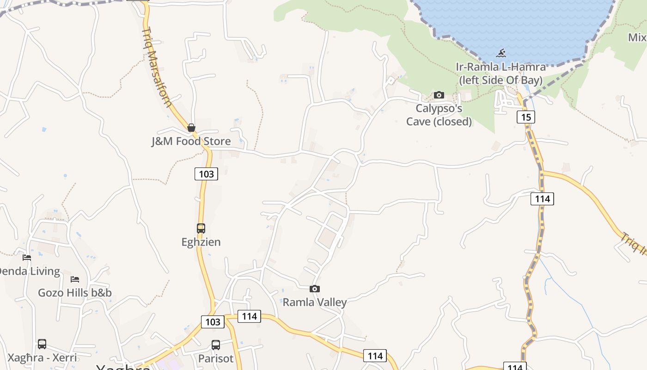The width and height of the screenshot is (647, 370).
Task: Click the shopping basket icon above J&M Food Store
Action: (x=191, y=128)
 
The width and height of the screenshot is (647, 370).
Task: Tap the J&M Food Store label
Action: (x=191, y=141)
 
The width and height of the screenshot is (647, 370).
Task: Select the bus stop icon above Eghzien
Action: (x=201, y=228)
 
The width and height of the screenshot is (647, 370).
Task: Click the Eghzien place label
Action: (x=201, y=242)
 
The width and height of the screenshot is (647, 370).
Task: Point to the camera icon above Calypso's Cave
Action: (x=439, y=95)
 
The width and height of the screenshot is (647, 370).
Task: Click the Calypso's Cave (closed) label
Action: (x=439, y=115)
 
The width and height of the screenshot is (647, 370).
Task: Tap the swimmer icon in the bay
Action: (x=501, y=53)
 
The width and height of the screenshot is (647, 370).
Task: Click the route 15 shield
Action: (x=526, y=117)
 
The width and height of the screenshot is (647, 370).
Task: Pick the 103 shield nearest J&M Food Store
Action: (x=206, y=174)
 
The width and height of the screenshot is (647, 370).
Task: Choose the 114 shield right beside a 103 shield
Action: (x=249, y=316)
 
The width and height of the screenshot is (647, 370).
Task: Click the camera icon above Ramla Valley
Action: (x=314, y=289)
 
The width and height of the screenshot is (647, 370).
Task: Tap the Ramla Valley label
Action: (x=314, y=302)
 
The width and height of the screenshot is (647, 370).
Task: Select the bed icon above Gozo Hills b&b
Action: (x=74, y=279)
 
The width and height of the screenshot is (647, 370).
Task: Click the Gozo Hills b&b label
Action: (x=74, y=293)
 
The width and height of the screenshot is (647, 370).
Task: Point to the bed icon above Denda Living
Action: (x=27, y=257)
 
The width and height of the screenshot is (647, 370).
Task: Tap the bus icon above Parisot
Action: (x=215, y=345)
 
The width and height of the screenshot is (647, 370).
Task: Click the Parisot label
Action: (x=215, y=358)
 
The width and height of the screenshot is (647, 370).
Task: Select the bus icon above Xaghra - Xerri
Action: (x=42, y=344)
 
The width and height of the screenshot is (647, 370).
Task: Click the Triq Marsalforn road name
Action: (x=157, y=68)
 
